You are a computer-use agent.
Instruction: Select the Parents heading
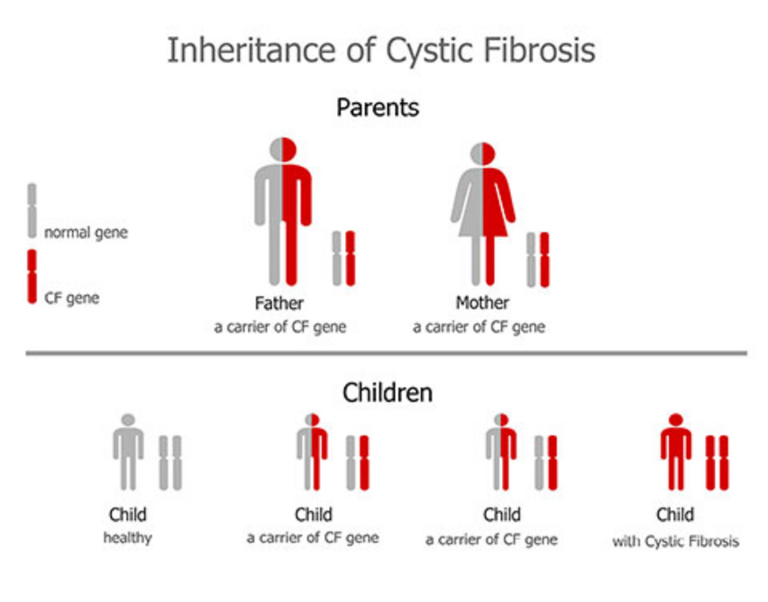[x=378, y=107]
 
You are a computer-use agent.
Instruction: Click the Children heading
[x=387, y=392]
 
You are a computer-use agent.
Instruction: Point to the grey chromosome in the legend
[x=32, y=211]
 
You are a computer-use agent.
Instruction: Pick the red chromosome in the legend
[x=32, y=276]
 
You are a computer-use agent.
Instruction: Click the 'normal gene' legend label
[x=86, y=233]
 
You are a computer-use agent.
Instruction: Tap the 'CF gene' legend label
[x=72, y=297]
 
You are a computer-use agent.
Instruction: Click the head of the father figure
[x=283, y=150]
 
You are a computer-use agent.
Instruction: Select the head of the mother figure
[x=483, y=154]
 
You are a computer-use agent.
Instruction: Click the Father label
[x=279, y=303]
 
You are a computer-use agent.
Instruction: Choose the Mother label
[x=482, y=303]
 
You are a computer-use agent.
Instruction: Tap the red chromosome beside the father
[x=350, y=258]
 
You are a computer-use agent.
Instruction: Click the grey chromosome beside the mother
[x=531, y=260]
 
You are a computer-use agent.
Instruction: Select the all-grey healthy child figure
[x=128, y=452]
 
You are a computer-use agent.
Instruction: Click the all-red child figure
[x=676, y=452]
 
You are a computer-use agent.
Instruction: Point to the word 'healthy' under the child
[x=128, y=538]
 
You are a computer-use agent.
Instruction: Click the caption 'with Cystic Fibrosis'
[x=676, y=541]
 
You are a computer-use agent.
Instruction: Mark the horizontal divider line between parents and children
[x=387, y=353]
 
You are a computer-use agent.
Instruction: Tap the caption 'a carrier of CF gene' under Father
[x=280, y=327]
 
